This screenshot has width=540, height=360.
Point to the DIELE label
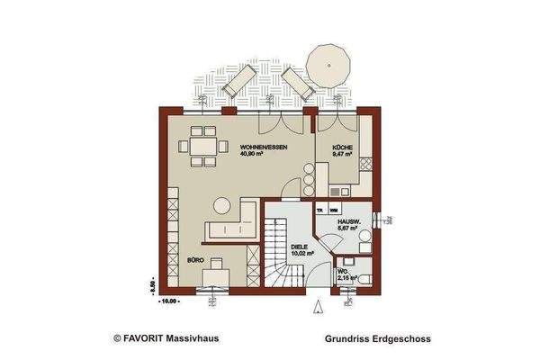(301, 245)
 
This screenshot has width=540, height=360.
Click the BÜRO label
(194, 259)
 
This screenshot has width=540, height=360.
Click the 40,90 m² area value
(252, 153)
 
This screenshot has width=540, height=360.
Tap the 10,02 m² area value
(301, 253)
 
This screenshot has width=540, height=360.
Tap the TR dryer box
(320, 210)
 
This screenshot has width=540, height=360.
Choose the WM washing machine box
(334, 210)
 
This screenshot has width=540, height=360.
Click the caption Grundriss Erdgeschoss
(377, 340)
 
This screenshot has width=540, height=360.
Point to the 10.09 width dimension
(167, 300)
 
